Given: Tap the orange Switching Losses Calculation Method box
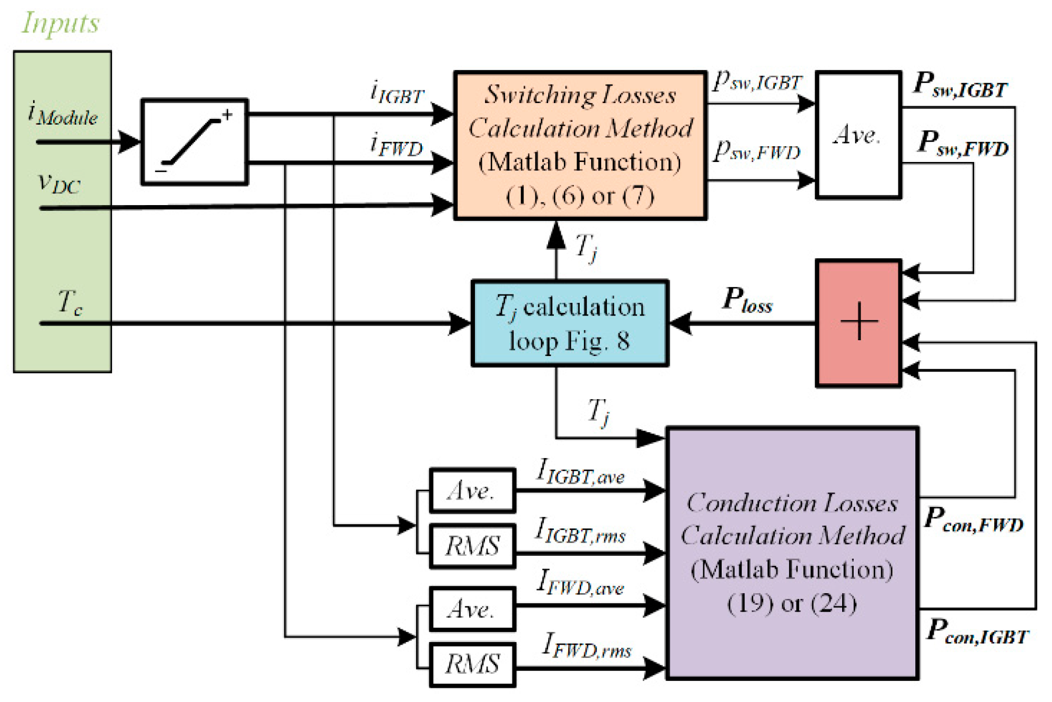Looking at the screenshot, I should pyautogui.click(x=580, y=145).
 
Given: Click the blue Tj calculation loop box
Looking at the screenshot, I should pyautogui.click(x=570, y=323).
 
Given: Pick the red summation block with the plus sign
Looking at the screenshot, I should pyautogui.click(x=858, y=323).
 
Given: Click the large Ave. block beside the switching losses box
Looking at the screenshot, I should pyautogui.click(x=858, y=135).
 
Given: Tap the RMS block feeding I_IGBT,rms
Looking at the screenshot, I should pyautogui.click(x=472, y=546).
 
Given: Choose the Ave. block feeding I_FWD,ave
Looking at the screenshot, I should pyautogui.click(x=472, y=609).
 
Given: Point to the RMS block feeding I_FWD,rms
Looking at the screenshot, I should pyautogui.click(x=472, y=664).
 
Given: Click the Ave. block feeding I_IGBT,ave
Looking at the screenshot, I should pyautogui.click(x=472, y=491).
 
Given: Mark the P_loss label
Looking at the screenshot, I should pyautogui.click(x=747, y=301).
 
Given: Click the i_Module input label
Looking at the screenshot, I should pyautogui.click(x=63, y=114).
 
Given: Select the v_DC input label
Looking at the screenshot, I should pyautogui.click(x=59, y=184).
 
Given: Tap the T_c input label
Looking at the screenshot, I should pyautogui.click(x=70, y=303).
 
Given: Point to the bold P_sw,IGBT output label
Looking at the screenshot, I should pyautogui.click(x=960, y=85).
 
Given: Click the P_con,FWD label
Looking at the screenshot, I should pyautogui.click(x=974, y=521).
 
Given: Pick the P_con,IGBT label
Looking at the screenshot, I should pyautogui.click(x=977, y=632).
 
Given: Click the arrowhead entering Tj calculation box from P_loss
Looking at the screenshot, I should pyautogui.click(x=680, y=323).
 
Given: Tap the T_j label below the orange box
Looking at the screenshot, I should pyautogui.click(x=586, y=247).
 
